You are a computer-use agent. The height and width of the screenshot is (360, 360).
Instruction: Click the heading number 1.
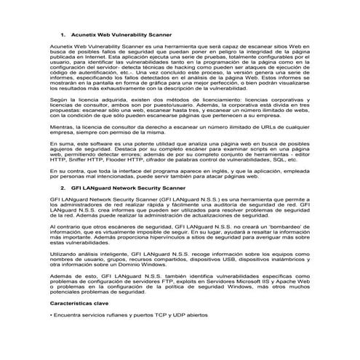click(63, 35)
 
